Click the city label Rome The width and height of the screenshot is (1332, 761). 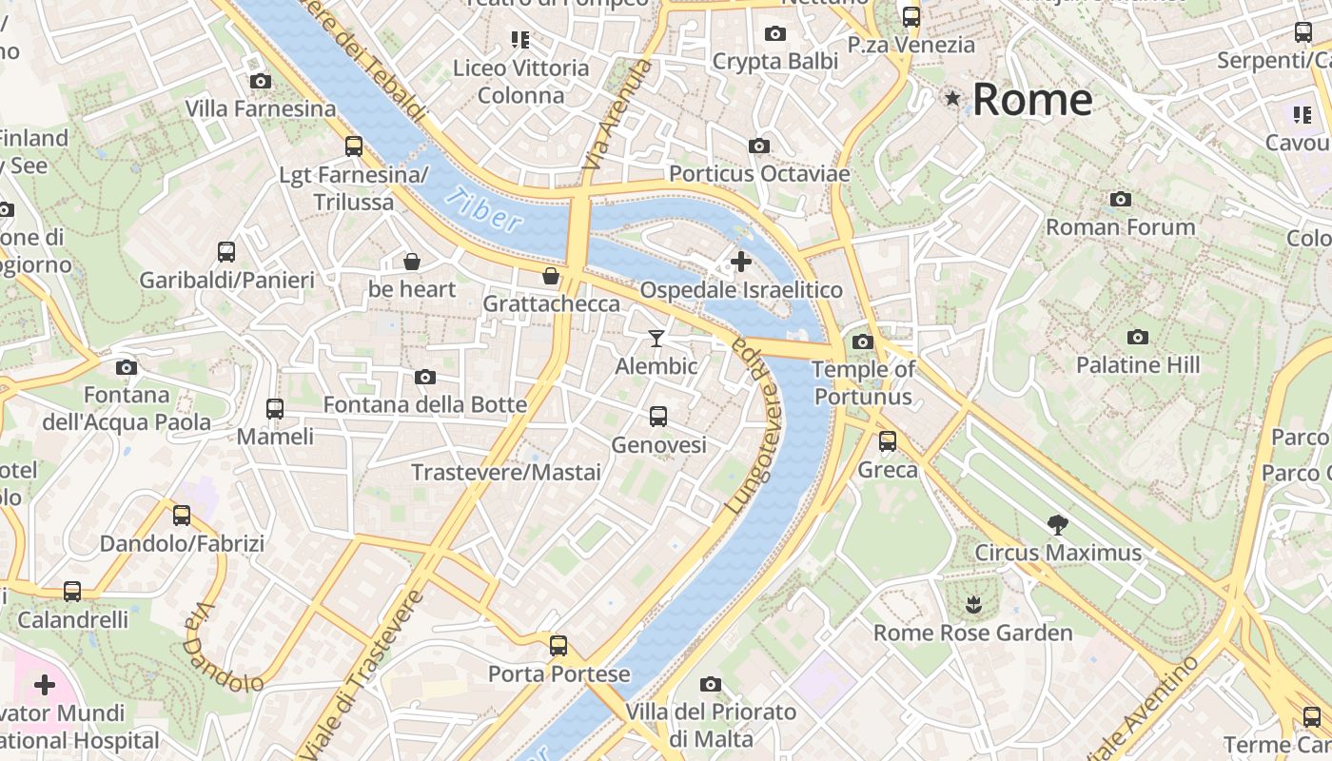(x=1031, y=100)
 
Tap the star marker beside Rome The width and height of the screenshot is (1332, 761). (x=952, y=98)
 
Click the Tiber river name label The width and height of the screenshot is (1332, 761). (x=484, y=210)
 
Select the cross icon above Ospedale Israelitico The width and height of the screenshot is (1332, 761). (x=741, y=262)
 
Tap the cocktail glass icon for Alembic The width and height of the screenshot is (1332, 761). (x=656, y=338)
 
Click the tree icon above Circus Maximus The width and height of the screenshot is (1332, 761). (x=1057, y=524)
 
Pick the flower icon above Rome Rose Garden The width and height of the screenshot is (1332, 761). (x=972, y=604)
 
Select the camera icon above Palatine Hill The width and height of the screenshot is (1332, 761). (x=1137, y=337)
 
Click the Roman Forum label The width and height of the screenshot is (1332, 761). (x=1121, y=227)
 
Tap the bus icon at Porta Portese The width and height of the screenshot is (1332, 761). (x=558, y=646)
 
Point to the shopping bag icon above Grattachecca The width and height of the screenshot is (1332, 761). (x=551, y=277)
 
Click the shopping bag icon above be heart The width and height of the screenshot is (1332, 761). (x=412, y=261)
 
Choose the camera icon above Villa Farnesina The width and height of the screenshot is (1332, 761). (x=260, y=82)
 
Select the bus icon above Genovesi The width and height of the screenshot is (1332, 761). (x=658, y=417)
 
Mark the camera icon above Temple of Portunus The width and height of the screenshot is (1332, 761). (x=863, y=341)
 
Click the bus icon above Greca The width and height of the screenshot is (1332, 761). (x=888, y=441)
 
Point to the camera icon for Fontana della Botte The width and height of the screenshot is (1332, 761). (x=425, y=378)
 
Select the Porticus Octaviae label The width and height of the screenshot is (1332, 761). (x=759, y=174)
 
